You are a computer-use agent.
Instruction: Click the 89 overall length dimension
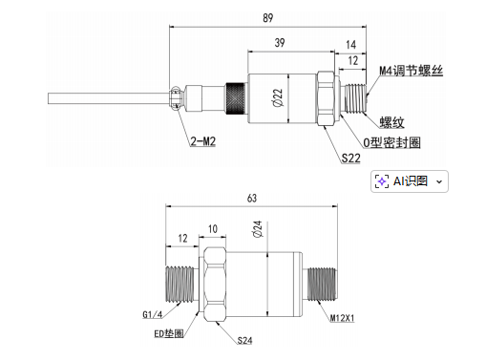tap(268, 18)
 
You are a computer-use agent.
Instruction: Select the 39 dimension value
tap(280, 43)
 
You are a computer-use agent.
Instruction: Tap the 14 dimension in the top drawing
tap(350, 45)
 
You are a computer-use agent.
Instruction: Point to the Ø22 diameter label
tap(278, 97)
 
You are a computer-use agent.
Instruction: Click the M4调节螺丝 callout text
tap(411, 71)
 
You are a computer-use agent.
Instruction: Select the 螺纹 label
tap(391, 122)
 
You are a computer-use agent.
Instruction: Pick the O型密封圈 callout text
tap(391, 142)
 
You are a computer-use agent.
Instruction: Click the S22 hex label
tap(351, 158)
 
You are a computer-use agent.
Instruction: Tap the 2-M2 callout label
tap(203, 141)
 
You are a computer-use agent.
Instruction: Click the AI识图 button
tap(410, 181)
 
